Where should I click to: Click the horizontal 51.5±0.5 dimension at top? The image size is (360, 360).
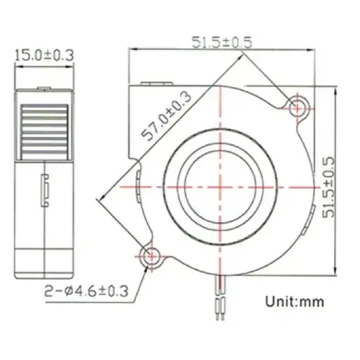point(221,43)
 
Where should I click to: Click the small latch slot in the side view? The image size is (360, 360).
point(45,190)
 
